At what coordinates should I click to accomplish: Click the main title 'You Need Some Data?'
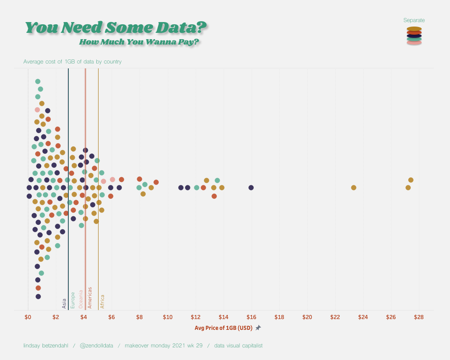click(116, 27)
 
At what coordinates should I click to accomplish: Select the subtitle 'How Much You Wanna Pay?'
click(139, 42)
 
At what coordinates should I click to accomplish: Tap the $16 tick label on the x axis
click(251, 317)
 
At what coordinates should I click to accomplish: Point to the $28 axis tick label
click(418, 317)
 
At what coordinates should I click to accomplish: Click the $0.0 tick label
click(28, 317)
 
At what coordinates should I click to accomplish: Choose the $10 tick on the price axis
click(167, 317)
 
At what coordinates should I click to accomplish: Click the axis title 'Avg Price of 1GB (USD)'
click(223, 328)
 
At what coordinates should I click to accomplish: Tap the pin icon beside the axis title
click(258, 328)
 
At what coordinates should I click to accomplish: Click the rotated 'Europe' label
click(72, 300)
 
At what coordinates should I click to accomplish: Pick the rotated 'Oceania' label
click(81, 299)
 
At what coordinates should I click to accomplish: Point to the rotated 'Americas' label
click(90, 297)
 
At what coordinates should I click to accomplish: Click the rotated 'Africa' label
click(102, 301)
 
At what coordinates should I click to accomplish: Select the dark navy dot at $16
click(251, 188)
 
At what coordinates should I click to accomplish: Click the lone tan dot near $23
click(354, 188)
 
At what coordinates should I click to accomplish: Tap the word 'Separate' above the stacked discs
click(414, 20)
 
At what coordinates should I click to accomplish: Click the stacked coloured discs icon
click(414, 36)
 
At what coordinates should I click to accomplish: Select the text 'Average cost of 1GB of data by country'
click(72, 62)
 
